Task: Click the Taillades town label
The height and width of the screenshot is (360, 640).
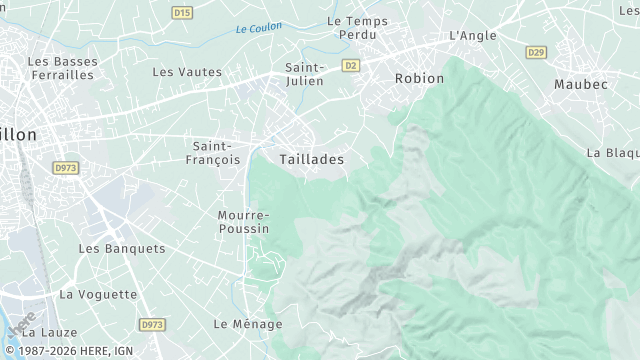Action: pos(312,159)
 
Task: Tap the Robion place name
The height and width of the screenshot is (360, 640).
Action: pos(419,78)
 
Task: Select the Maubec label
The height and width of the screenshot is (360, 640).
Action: pos(581,84)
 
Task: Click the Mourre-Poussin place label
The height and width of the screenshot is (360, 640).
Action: pos(243,222)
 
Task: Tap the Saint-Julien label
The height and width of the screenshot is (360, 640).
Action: pos(304,75)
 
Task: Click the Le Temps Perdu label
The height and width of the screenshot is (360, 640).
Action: pos(357,26)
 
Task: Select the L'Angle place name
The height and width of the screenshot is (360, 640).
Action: pos(473,35)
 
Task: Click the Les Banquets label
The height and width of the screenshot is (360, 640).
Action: pos(122,248)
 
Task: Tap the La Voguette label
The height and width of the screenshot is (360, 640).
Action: pos(98,294)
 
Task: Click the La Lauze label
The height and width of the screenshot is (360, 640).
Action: pos(43,332)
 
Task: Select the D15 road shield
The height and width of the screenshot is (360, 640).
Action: pos(181,13)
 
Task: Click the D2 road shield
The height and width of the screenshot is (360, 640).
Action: pos(350,65)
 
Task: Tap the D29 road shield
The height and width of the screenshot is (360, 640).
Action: pos(536,52)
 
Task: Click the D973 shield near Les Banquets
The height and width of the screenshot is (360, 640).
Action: pos(67,168)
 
